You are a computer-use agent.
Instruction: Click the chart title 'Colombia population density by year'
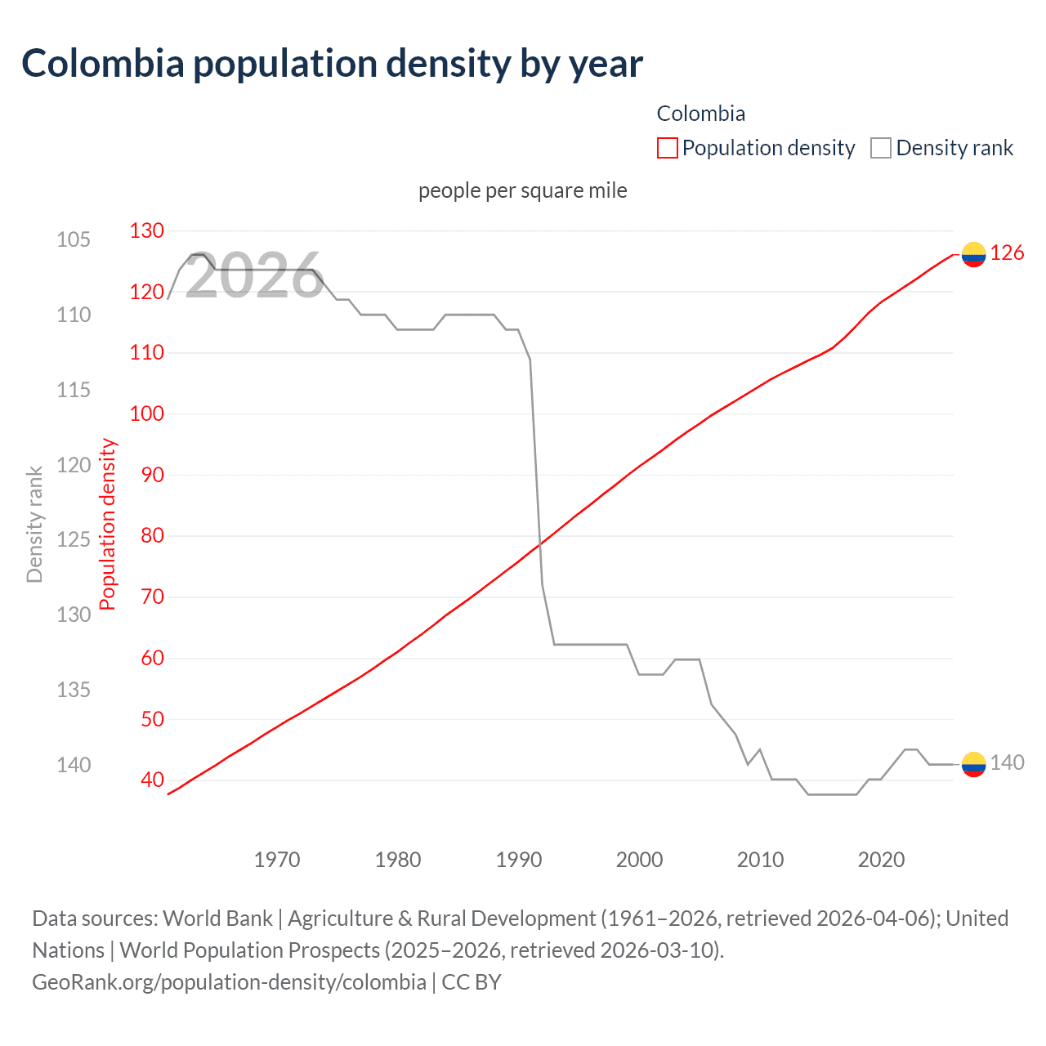332,64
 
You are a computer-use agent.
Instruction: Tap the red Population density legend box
667,148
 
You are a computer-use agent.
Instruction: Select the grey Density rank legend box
880,148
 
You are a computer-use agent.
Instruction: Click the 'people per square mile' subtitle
522,190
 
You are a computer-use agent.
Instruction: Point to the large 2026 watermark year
254,276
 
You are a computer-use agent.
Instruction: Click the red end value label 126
1007,253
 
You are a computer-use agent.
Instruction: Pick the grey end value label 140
1007,762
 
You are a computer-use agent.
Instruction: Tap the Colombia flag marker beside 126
973,254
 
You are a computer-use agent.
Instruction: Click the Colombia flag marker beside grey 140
973,763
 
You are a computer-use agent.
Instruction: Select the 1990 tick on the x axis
519,860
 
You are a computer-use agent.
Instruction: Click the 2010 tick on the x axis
760,860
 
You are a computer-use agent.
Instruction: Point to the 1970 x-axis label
277,860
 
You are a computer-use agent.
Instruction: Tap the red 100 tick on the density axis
147,413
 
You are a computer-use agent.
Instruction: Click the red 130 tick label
147,230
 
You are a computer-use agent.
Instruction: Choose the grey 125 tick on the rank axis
74,539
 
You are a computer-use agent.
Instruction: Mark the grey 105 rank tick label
74,239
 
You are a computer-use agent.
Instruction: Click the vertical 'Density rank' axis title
34,524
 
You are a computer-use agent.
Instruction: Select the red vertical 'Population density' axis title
108,524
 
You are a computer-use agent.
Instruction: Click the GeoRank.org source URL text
229,981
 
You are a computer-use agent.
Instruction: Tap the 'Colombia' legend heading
700,114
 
